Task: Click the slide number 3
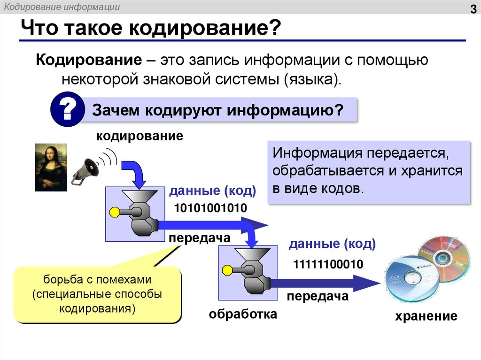point(473,10)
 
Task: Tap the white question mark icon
point(67,110)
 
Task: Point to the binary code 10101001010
point(210,208)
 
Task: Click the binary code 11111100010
point(328,265)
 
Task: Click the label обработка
point(243,314)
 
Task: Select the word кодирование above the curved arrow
point(140,137)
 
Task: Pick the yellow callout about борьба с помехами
point(97,294)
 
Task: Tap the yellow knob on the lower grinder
point(227,270)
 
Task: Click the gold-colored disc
point(443,256)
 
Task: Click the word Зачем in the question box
point(116,111)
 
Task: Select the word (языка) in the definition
point(310,79)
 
